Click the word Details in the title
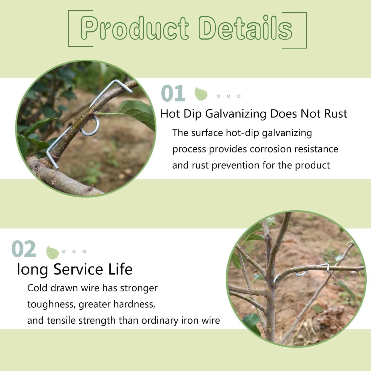tap(245, 28)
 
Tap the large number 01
tap(173, 93)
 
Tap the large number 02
tap(24, 249)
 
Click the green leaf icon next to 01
tap(201, 94)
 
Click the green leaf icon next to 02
tap(52, 253)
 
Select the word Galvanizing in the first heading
tap(236, 114)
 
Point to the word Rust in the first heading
tap(336, 114)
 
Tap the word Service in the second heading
tap(78, 269)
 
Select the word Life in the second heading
tap(120, 269)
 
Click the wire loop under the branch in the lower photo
tap(301, 274)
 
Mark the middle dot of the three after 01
tap(228, 96)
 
